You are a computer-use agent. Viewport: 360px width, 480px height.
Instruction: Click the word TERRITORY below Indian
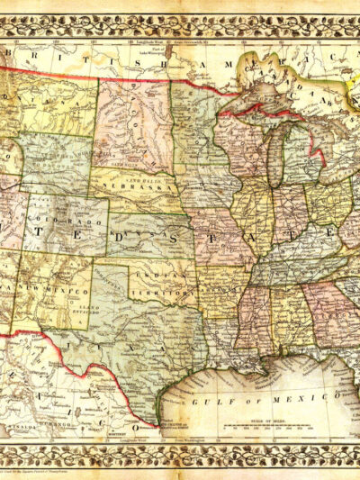(162, 293)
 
